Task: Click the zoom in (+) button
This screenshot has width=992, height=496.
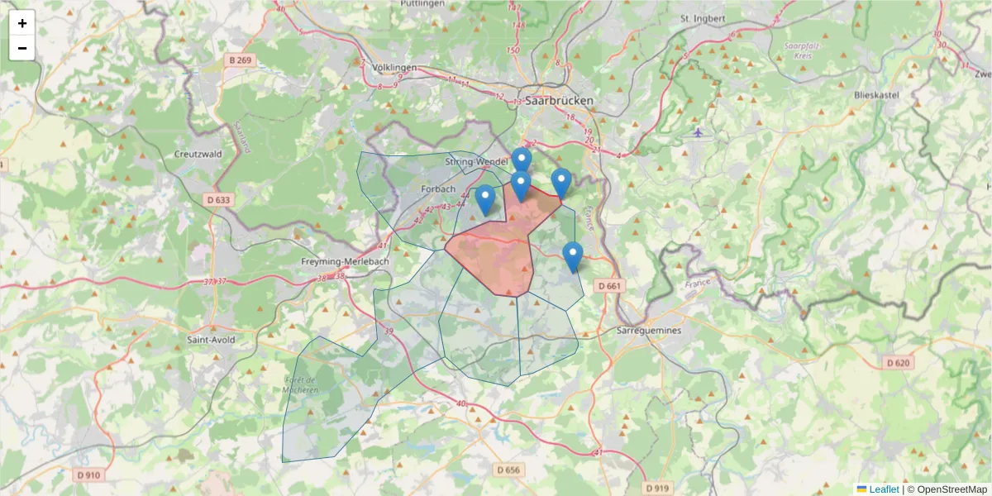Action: click(x=22, y=23)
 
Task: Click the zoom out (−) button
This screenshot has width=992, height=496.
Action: click(x=22, y=48)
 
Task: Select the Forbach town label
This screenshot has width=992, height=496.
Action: click(x=438, y=188)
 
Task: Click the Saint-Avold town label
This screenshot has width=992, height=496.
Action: click(x=211, y=339)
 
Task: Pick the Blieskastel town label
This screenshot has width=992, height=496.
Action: click(x=875, y=95)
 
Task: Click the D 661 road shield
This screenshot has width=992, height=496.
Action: click(x=608, y=286)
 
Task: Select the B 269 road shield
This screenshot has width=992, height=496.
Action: click(x=240, y=60)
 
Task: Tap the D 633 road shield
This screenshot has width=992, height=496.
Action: click(x=217, y=199)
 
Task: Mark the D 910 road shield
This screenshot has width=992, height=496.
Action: click(x=88, y=475)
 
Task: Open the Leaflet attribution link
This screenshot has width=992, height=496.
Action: click(x=883, y=489)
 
